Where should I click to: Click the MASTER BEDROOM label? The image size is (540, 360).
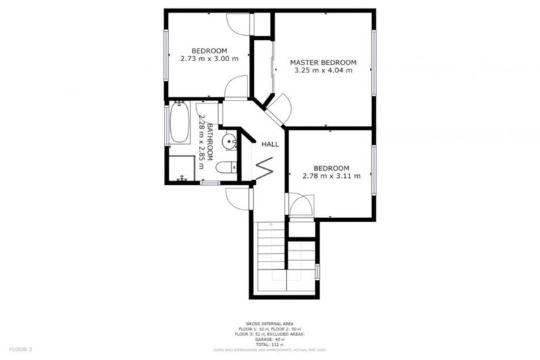coord(323,63)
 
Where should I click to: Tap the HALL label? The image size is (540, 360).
coord(270,144)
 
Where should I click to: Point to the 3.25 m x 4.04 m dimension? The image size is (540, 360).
coord(323,71)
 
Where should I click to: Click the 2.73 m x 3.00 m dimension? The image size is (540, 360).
coord(209,58)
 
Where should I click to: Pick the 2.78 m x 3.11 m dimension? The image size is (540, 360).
coord(331,176)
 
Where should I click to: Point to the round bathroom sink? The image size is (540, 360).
coord(229,141)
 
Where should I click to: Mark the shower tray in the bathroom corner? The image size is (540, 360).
coord(182,169)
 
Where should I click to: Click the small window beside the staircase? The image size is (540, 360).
coord(319,271)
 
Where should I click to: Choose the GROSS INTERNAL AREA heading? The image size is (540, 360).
coord(270,324)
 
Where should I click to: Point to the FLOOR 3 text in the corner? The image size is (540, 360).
coord(20,349)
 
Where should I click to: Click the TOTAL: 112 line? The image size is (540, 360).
coord(270,344)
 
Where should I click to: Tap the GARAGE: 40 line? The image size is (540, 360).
coord(270,339)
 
